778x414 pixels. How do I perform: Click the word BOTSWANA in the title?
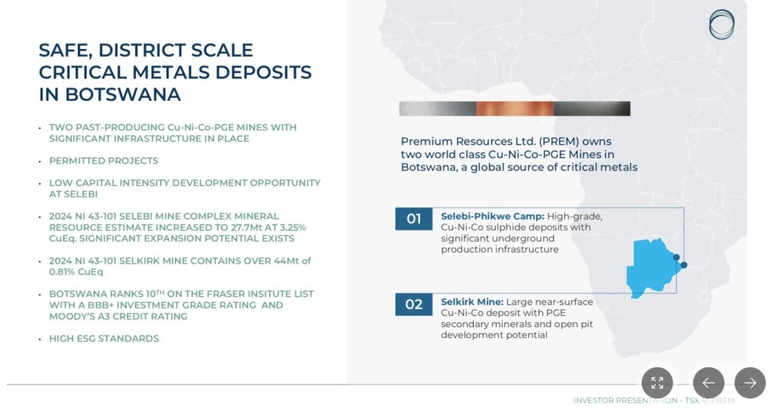tap(123, 94)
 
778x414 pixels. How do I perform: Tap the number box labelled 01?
tap(414, 219)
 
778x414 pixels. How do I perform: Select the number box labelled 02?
tap(414, 304)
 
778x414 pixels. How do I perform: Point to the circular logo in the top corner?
tap(721, 24)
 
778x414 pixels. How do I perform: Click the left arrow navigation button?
tap(709, 383)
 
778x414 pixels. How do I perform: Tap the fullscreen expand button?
tap(657, 383)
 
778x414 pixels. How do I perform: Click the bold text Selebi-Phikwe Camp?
tap(492, 217)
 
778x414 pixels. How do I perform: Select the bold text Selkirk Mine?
tap(472, 301)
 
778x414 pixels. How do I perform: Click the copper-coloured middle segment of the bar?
tap(514, 109)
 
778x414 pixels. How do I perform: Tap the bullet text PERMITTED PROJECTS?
tap(103, 161)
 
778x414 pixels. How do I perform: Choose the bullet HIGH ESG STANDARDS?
tap(104, 338)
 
